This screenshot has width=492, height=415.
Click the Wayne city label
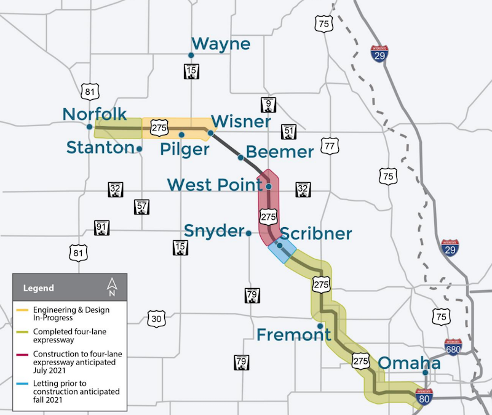pos(221,44)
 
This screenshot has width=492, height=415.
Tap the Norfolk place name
pos(95,114)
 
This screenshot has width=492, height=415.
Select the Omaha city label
pos(409,363)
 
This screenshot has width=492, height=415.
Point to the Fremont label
pos(293,335)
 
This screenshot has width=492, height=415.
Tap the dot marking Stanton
pos(140,148)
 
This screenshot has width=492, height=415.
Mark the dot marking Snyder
pos(248,233)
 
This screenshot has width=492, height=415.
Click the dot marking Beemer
pos(240,158)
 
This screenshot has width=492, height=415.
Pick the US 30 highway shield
pos(156,318)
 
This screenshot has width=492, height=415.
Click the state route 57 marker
pos(141,207)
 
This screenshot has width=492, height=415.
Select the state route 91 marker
pos(101,228)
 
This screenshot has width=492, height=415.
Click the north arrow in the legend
pos(112,286)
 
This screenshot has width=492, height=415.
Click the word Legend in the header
pos(38,288)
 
